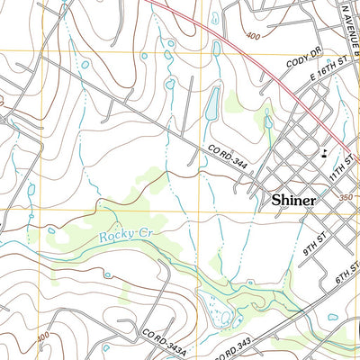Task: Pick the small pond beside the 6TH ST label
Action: pos(334,317)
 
